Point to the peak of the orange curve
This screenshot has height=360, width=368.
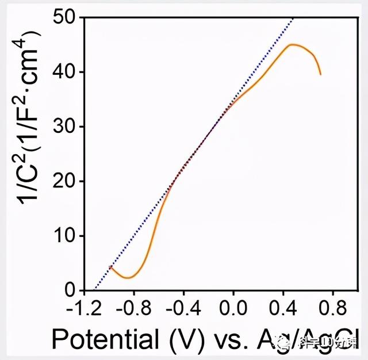(292, 44)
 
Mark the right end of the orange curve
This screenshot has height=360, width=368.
(321, 74)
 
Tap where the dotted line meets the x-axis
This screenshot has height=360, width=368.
(94, 290)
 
